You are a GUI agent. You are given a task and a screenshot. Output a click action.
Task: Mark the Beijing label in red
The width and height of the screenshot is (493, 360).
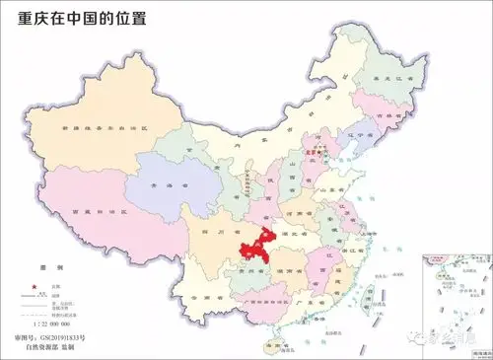tap(315, 153)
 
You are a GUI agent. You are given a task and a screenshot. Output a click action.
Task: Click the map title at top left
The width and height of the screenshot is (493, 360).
tap(75, 20)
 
